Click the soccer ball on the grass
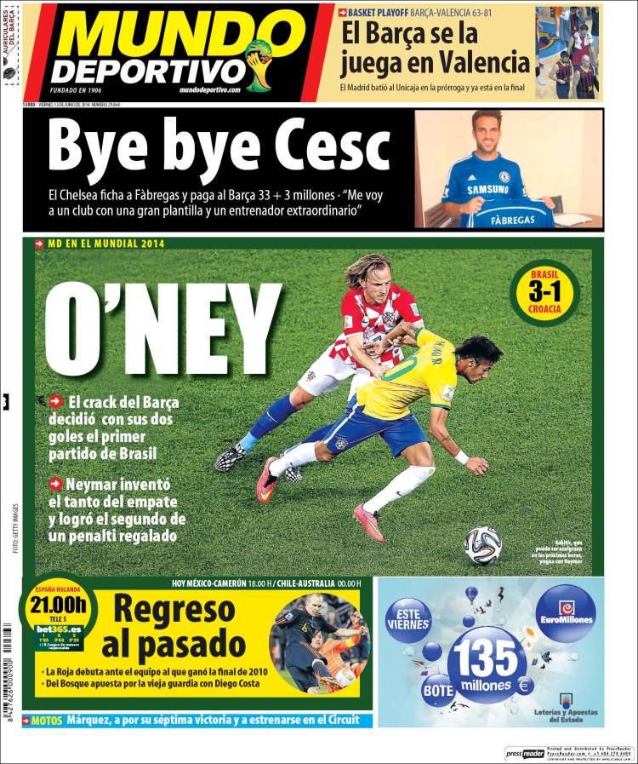[482, 545]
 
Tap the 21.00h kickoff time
[58, 606]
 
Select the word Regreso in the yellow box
[174, 611]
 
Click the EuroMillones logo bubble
[565, 613]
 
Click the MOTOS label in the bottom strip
[46, 721]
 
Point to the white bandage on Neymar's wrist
[462, 457]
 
